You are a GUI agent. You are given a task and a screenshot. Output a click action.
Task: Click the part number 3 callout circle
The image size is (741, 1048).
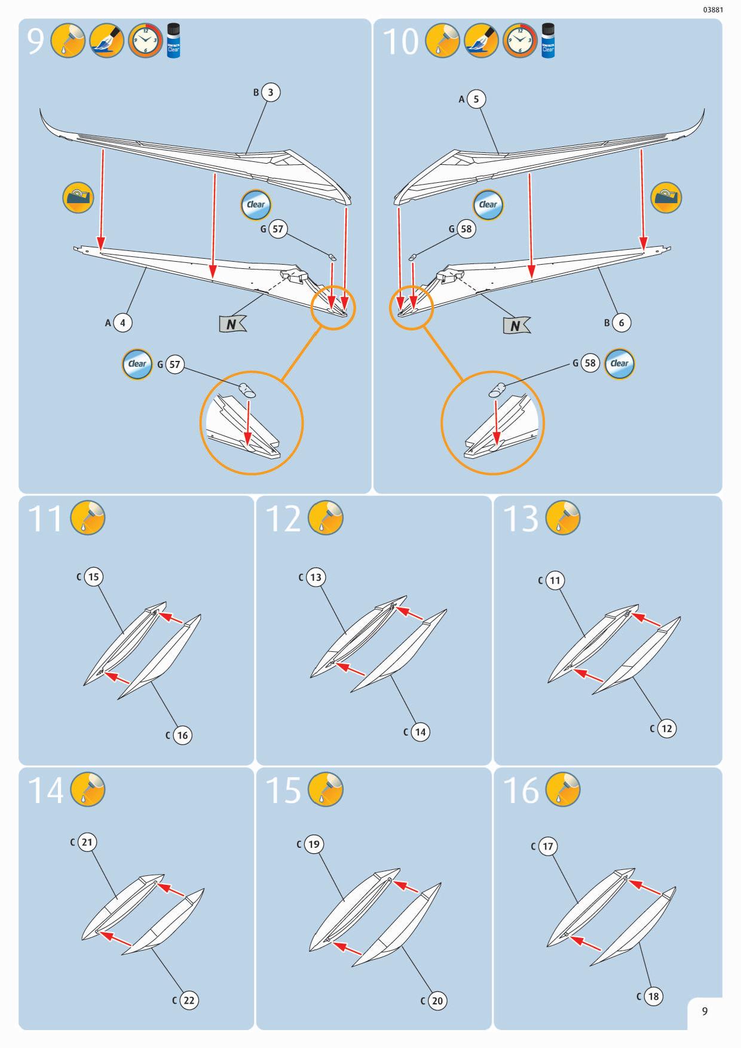click(271, 93)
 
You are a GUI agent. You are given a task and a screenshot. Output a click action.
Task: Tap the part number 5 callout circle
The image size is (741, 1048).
click(476, 99)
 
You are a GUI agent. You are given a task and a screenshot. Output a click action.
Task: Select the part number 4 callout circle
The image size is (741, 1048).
click(123, 323)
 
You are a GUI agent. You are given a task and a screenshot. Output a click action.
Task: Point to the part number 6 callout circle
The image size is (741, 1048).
click(621, 323)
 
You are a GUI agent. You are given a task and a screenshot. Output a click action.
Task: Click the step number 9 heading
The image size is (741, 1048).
click(36, 42)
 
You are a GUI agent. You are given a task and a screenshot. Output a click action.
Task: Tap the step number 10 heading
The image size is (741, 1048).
click(400, 42)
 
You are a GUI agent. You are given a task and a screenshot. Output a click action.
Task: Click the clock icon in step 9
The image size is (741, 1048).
click(145, 41)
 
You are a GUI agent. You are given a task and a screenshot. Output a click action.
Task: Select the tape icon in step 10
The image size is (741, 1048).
click(665, 198)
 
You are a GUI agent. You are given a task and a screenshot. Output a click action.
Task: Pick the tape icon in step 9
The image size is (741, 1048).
click(78, 198)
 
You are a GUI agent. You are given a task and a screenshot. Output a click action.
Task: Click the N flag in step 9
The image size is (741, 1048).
click(232, 324)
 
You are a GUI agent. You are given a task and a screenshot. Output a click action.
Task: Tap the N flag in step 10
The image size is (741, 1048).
click(516, 325)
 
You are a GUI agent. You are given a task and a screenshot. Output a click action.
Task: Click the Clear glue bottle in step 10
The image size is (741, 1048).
click(548, 41)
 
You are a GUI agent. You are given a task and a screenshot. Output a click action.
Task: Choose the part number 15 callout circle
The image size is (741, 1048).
click(93, 577)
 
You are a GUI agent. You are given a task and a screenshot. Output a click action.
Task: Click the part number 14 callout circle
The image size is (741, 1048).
click(420, 732)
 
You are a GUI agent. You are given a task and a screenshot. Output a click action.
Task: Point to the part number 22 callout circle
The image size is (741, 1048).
click(188, 1001)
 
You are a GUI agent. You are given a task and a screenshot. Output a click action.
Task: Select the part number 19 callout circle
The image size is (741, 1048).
click(314, 844)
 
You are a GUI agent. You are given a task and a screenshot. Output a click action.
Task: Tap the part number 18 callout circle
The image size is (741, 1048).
click(653, 996)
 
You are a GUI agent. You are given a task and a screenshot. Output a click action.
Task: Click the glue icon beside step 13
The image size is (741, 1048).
click(563, 518)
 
